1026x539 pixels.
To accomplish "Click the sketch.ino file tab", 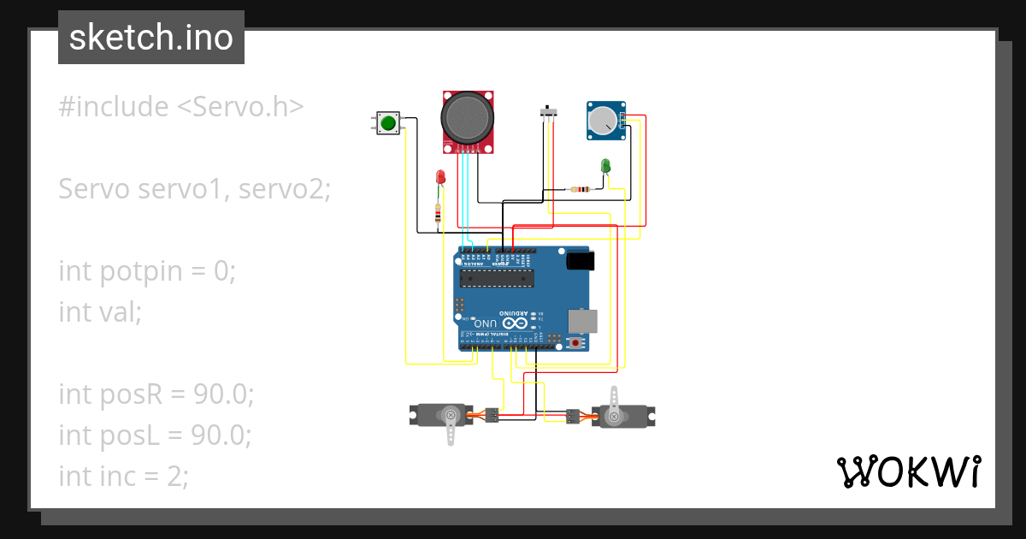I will [x=151, y=38].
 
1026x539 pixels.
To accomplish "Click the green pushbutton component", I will [x=388, y=122].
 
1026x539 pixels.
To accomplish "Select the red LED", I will [x=440, y=176].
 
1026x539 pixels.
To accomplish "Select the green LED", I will [x=605, y=164].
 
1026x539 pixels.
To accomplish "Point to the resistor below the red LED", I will [x=439, y=214].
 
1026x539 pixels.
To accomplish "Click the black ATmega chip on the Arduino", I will [x=497, y=277].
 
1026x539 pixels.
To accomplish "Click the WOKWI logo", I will [x=908, y=471].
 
